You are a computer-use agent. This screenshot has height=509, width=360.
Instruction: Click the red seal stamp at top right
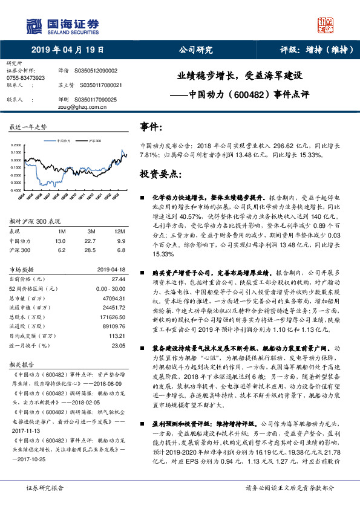click(x=326, y=25)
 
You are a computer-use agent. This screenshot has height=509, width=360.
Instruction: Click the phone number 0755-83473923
click(x=25, y=78)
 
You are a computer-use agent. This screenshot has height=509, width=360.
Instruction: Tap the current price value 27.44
click(x=117, y=279)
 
